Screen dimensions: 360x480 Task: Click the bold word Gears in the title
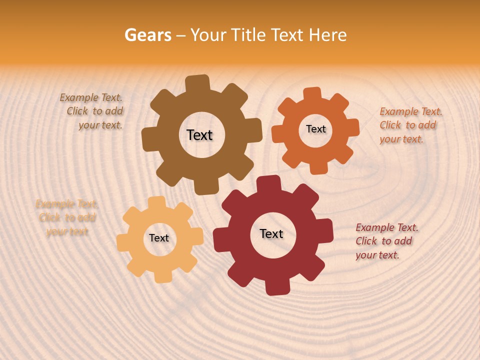(x=147, y=35)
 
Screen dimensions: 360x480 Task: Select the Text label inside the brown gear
(x=199, y=135)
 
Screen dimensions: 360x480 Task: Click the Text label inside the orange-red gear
(x=315, y=129)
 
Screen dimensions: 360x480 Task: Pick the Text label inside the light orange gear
(x=159, y=238)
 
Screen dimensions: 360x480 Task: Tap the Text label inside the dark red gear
(x=271, y=234)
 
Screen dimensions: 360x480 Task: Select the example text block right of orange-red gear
(x=410, y=125)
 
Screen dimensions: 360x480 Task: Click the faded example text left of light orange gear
(x=66, y=217)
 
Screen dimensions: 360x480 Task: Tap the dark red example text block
(x=386, y=241)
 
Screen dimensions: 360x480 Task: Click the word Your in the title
(x=207, y=35)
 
